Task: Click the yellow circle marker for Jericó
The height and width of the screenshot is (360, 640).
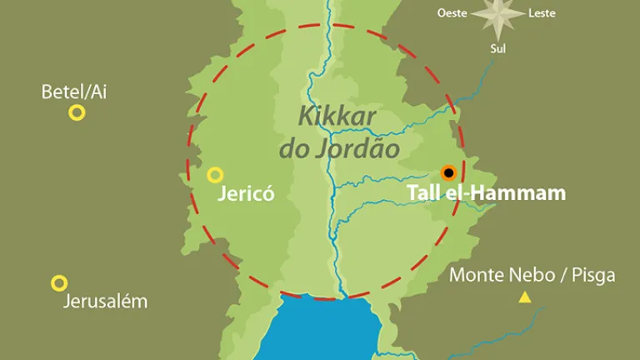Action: click(215, 175)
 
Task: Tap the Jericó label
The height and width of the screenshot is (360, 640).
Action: click(246, 196)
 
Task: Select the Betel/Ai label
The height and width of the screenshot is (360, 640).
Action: click(74, 92)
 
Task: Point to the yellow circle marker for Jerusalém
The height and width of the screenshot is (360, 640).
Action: click(59, 283)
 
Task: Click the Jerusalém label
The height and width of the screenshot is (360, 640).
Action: click(105, 302)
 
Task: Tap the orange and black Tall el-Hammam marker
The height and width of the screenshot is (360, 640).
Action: click(448, 173)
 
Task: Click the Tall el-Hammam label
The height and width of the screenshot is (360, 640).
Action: click(486, 193)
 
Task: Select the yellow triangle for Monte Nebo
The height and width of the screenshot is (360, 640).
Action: click(525, 297)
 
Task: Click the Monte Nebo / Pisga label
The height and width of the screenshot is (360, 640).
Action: click(532, 275)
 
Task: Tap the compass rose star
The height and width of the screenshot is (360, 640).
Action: click(498, 15)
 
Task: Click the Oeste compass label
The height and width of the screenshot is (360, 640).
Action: click(453, 12)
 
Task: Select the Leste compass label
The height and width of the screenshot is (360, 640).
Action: click(542, 12)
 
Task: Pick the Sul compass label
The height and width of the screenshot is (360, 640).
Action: click(497, 48)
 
